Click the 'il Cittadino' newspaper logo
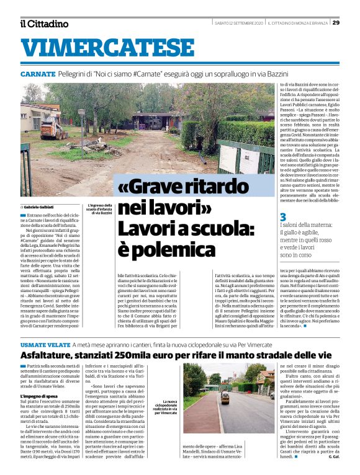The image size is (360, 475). [43, 24]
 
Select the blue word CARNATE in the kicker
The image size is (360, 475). [38, 74]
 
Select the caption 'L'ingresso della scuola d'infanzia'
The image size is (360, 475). [99, 208]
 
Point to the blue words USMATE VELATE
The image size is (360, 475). [44, 344]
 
